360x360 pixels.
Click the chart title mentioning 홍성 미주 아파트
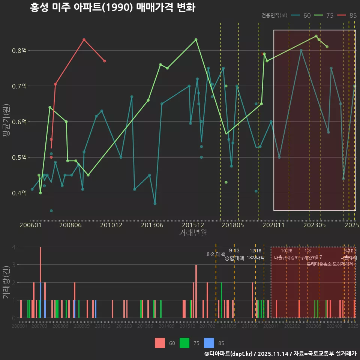pos(112,7)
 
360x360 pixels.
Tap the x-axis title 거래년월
pos(193,233)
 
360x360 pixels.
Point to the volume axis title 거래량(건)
pos(6,282)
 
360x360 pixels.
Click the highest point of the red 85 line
pos(84,39)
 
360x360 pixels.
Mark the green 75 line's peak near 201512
pos(196,39)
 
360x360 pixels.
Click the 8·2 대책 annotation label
pos(216,254)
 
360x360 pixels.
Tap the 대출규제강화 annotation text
pos(286,258)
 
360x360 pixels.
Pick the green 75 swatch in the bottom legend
pos(184,343)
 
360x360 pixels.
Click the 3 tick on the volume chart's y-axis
pos(13,265)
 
